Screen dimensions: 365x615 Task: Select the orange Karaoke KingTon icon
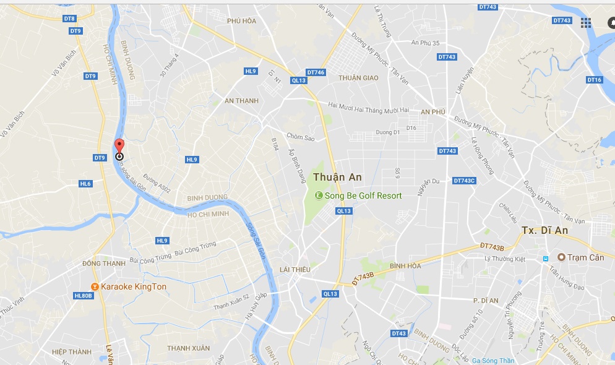tap(95, 286)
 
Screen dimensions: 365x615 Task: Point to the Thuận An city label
tap(337, 177)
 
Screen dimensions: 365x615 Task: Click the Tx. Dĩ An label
tap(544, 230)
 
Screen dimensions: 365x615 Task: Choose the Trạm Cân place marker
tap(562, 257)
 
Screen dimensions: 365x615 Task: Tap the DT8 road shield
tap(69, 19)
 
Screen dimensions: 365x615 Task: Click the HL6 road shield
tap(85, 184)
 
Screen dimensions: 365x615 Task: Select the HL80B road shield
tap(83, 296)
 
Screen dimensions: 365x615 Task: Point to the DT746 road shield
tap(316, 72)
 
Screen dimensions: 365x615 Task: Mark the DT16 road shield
tap(594, 80)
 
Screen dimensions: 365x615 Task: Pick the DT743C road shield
tap(464, 181)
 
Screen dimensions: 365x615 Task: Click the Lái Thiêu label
tap(295, 269)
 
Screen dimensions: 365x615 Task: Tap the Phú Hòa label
tap(241, 21)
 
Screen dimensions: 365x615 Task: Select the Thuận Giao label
tap(358, 78)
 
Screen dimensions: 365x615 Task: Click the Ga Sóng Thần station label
tap(493, 361)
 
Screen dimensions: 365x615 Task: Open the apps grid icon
tap(586, 23)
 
